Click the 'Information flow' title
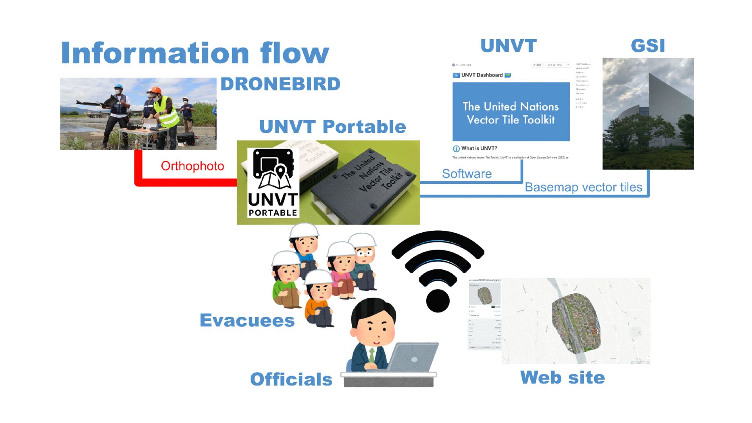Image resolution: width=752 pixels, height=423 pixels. point(195,53)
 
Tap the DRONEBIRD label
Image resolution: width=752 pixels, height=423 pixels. point(280,84)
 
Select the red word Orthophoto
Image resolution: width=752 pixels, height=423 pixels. point(192,166)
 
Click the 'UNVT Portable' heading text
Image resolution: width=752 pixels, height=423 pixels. point(333,127)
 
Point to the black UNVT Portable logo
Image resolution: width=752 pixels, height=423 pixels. point(273,183)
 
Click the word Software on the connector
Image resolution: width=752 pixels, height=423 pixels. point(467,174)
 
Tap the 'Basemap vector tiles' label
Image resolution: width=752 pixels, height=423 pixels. point(583,187)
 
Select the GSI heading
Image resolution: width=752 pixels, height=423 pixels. point(648,46)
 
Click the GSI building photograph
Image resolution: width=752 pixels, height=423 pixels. point(648,114)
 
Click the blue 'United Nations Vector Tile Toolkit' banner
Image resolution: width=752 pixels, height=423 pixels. point(511,112)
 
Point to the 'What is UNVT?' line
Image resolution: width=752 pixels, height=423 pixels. point(479,148)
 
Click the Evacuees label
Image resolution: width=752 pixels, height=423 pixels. point(247,320)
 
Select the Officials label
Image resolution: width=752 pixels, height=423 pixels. point(291,379)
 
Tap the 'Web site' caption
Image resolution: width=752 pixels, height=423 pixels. point(562,378)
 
